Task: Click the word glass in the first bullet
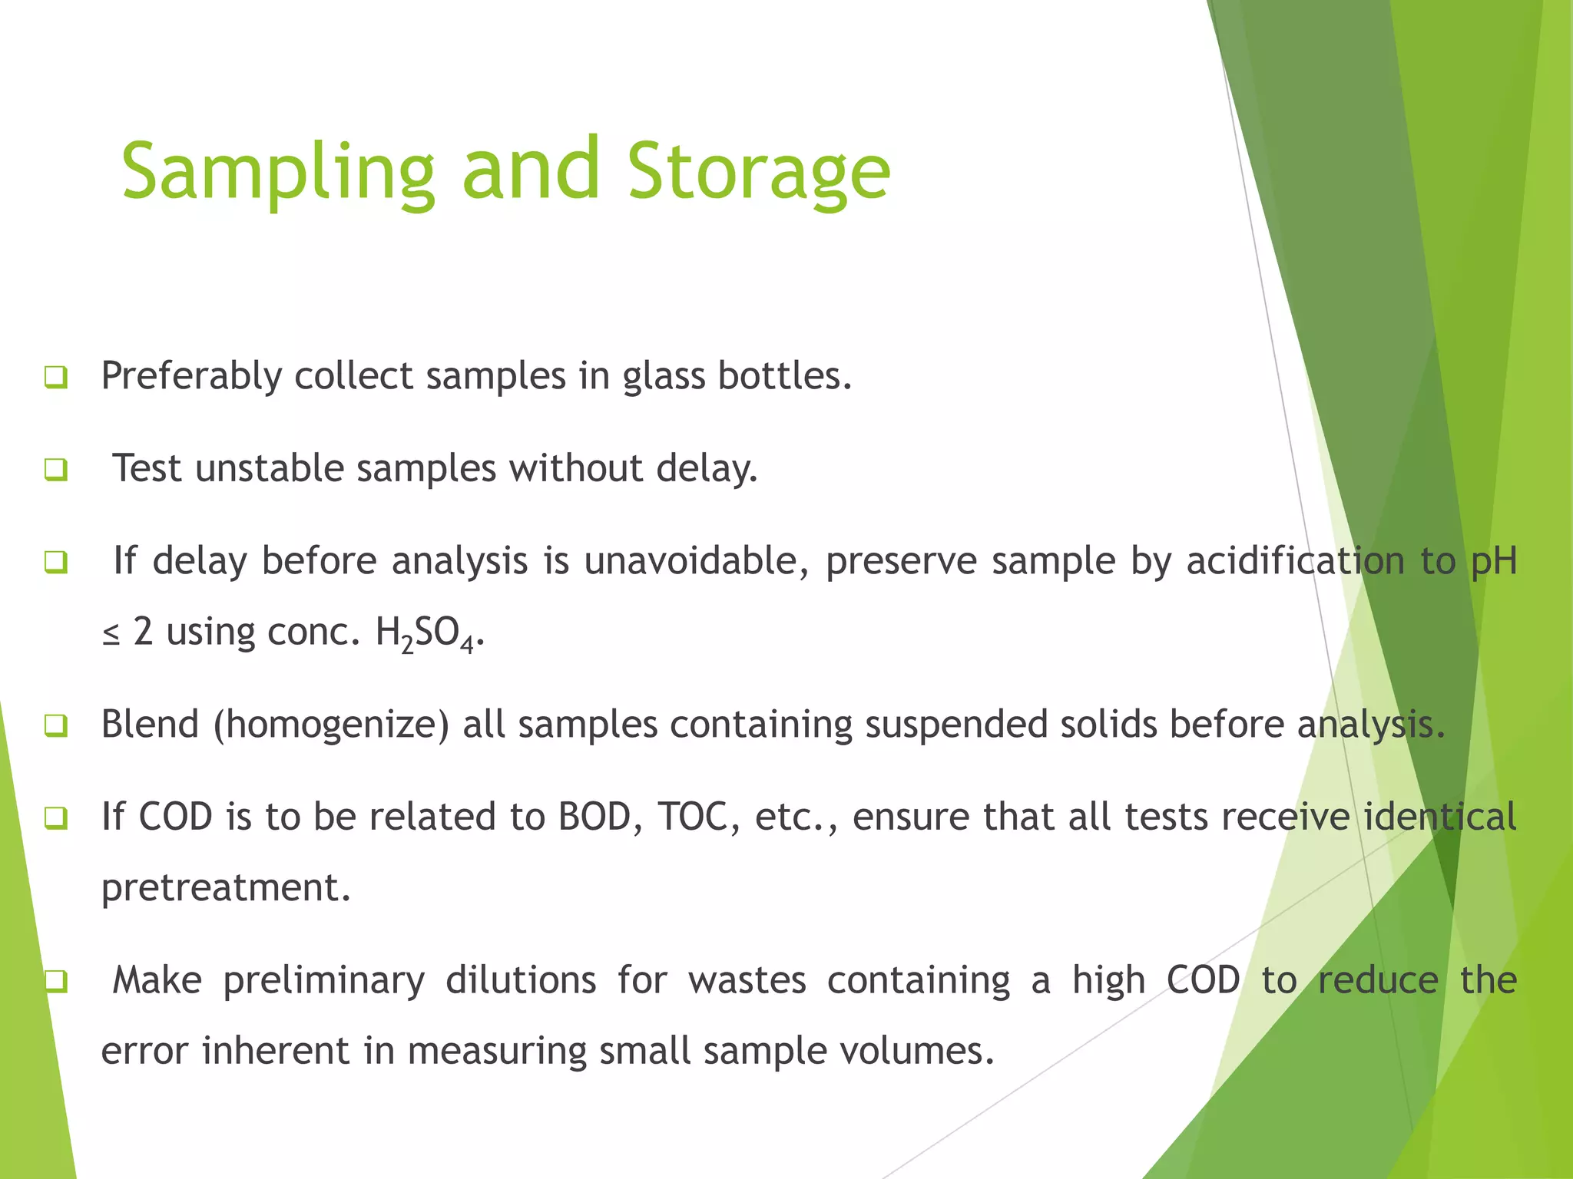664,376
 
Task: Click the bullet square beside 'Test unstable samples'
56,469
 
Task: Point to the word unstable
270,468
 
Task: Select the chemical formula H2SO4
426,634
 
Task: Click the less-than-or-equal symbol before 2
111,634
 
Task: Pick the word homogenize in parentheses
331,725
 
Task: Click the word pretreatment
226,888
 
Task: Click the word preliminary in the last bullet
323,981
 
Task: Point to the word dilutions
521,981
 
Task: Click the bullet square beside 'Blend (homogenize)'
56,725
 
